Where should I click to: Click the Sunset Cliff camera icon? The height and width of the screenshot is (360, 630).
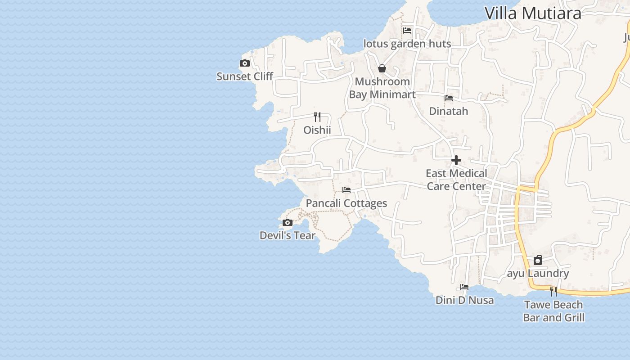[x=245, y=63]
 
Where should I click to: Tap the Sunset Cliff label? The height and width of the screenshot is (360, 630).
[x=245, y=76]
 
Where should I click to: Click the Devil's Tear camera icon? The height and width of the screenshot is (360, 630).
[x=288, y=223]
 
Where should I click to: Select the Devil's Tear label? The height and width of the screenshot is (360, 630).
[x=288, y=235]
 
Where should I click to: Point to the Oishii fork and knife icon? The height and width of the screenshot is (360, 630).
[x=317, y=117]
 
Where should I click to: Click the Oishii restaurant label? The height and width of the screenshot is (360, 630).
[x=317, y=130]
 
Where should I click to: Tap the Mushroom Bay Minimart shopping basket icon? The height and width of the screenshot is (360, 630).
[x=382, y=68]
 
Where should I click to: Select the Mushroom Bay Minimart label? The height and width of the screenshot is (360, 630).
[x=382, y=88]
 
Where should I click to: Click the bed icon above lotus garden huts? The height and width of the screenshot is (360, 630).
[x=407, y=31]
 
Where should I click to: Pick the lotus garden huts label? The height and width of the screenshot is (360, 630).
[x=407, y=44]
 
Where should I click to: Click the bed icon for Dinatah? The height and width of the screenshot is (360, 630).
[x=449, y=98]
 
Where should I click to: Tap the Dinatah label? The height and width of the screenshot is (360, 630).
[x=449, y=111]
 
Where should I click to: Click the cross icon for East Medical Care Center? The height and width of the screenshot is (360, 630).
[x=456, y=160]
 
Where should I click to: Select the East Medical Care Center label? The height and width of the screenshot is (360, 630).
[x=456, y=180]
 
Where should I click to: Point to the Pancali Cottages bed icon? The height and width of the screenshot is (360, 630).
[x=346, y=190]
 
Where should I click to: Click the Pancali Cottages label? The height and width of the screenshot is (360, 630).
[x=346, y=203]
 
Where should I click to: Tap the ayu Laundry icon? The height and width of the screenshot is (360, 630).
[x=538, y=260]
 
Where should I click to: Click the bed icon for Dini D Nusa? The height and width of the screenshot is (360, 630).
[x=464, y=287]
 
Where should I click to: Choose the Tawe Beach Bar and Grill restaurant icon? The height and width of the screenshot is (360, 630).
[x=553, y=292]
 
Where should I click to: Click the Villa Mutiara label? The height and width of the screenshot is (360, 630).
[x=533, y=13]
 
